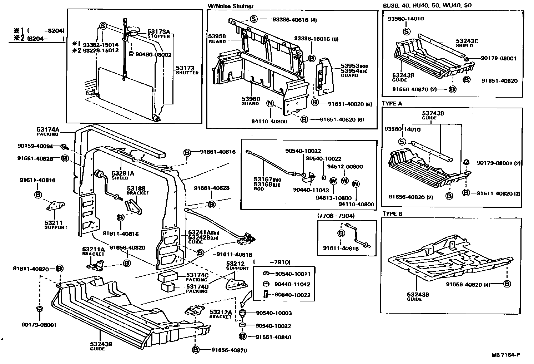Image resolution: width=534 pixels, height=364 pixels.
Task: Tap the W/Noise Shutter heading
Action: pos(230,6)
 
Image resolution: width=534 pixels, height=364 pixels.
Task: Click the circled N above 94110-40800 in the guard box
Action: pos(270,104)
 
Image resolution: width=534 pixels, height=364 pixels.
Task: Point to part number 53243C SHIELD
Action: pos(467,43)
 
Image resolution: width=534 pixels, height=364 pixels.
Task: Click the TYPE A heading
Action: pos(392,103)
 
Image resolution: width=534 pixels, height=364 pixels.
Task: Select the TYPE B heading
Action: pos(392,214)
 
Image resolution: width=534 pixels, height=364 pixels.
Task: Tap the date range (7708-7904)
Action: pos(335,216)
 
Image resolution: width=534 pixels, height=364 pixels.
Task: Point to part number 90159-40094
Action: pos(35,146)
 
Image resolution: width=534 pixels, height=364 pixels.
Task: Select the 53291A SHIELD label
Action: pos(122,175)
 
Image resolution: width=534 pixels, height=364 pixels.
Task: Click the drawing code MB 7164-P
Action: pos(505,355)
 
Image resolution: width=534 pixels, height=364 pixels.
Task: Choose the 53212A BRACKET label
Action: pos(220,314)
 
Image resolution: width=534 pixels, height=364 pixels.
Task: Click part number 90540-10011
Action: pos(293,274)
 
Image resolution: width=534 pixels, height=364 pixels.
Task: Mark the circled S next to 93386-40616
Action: pos(253,19)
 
